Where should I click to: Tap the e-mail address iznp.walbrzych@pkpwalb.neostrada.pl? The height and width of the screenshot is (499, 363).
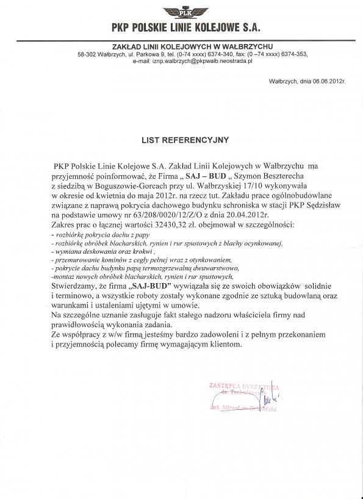203,62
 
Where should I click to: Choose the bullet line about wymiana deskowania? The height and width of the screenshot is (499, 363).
105,251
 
